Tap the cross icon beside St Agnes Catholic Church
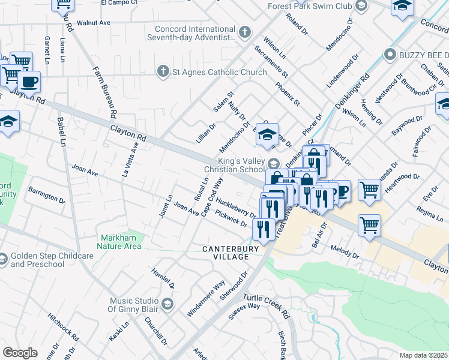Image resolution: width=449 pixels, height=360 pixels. tap(161, 73)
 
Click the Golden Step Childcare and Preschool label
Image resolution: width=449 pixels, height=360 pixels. tap(52, 260)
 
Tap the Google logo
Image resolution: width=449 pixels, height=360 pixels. tap(20, 353)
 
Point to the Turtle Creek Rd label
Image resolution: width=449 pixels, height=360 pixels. tap(266, 306)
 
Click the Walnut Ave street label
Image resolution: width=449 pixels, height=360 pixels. tap(96, 22)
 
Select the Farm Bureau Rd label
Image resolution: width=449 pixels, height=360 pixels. tap(104, 91)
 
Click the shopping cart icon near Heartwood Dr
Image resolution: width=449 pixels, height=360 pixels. tap(370, 190)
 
